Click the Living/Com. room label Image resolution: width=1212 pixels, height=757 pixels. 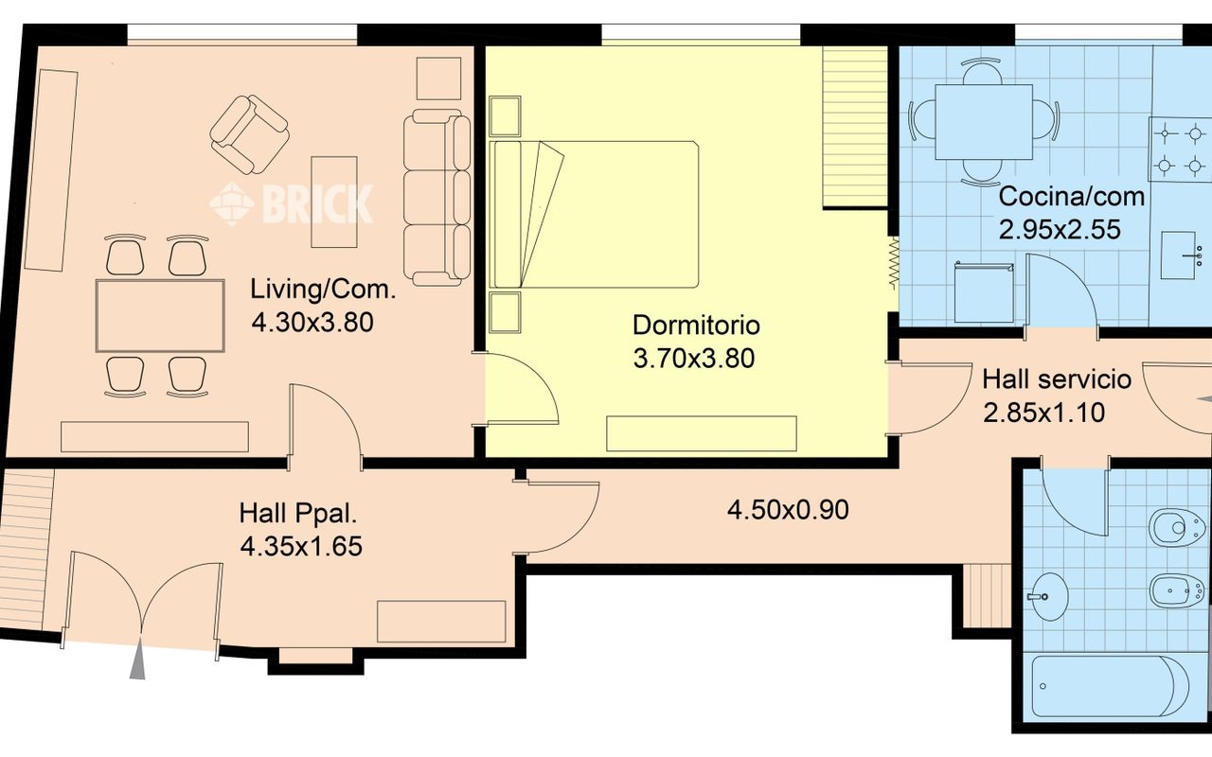click(323, 290)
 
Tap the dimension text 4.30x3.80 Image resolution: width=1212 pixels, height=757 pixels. click(312, 323)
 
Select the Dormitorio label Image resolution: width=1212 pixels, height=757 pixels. click(696, 325)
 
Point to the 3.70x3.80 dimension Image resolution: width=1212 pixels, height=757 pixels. click(694, 358)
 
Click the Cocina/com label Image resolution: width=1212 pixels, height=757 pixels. click(1071, 196)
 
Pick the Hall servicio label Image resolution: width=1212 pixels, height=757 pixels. click(1056, 379)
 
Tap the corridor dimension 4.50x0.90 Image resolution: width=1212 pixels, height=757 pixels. click(788, 510)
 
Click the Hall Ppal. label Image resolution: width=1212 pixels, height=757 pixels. click(298, 513)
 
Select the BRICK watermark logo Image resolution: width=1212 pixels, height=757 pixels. click(291, 203)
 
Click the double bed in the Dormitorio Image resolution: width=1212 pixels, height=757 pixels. click(594, 214)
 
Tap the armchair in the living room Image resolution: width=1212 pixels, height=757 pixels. click(249, 134)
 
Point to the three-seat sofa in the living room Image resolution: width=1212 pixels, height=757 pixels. click(437, 198)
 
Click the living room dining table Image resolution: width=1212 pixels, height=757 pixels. click(160, 316)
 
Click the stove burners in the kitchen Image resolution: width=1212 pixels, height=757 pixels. click(1180, 149)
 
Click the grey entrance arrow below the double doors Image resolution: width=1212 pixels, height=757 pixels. click(138, 658)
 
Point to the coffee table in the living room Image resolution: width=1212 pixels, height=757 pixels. click(334, 202)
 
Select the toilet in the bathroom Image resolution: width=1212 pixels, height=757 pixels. click(1177, 527)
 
